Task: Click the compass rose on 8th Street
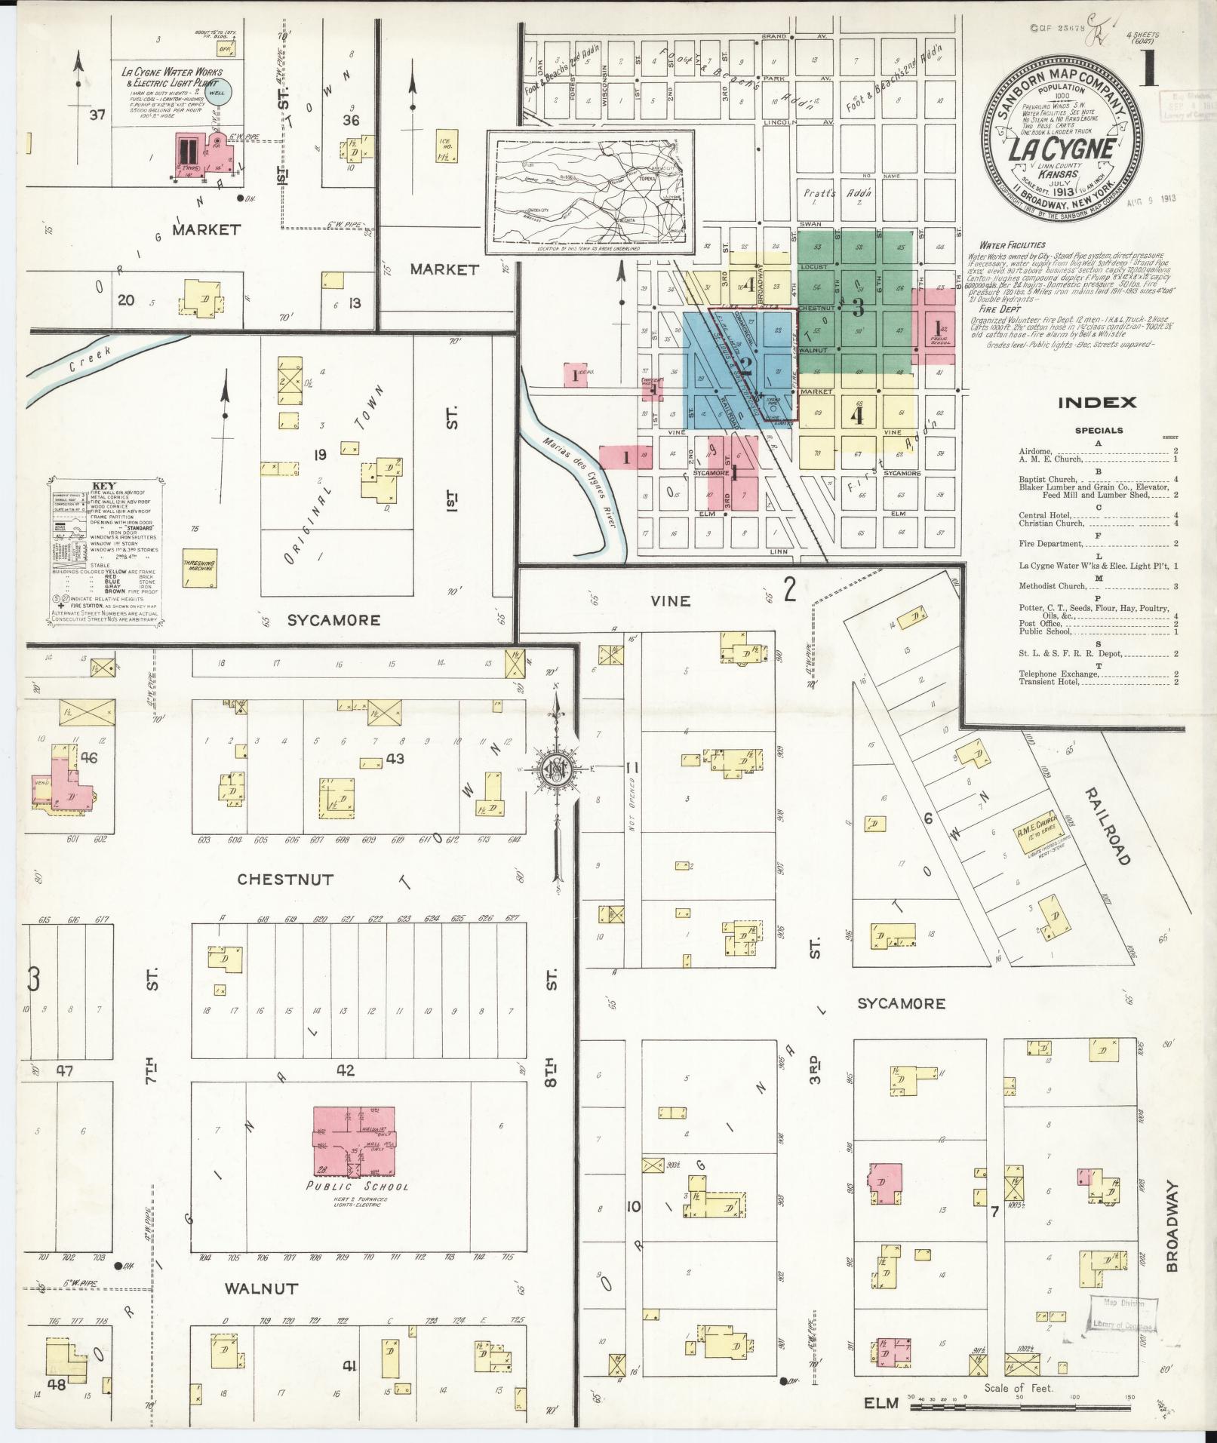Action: (557, 769)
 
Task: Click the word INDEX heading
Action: (1096, 403)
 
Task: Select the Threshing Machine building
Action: (200, 570)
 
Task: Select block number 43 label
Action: (395, 758)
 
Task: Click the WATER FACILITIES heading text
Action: (1012, 245)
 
